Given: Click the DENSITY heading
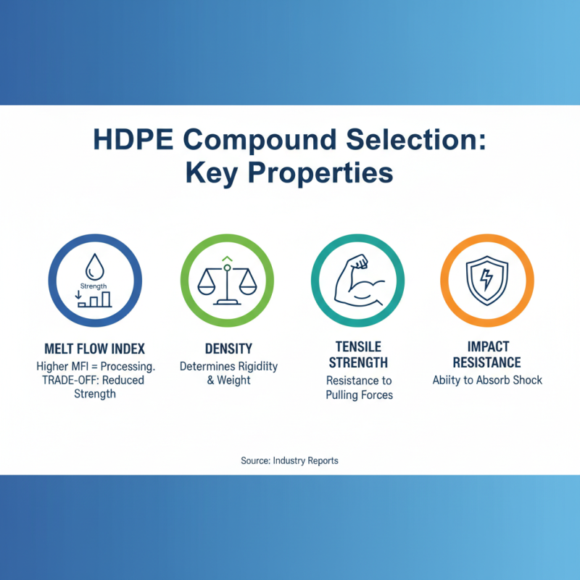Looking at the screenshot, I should pyautogui.click(x=228, y=349).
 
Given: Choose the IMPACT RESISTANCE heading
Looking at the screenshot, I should pyautogui.click(x=487, y=355).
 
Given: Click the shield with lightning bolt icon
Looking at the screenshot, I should pyautogui.click(x=487, y=280).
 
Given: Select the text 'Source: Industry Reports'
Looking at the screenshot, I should pyautogui.click(x=289, y=460).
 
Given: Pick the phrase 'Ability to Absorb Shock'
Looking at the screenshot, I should pyautogui.click(x=487, y=381).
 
